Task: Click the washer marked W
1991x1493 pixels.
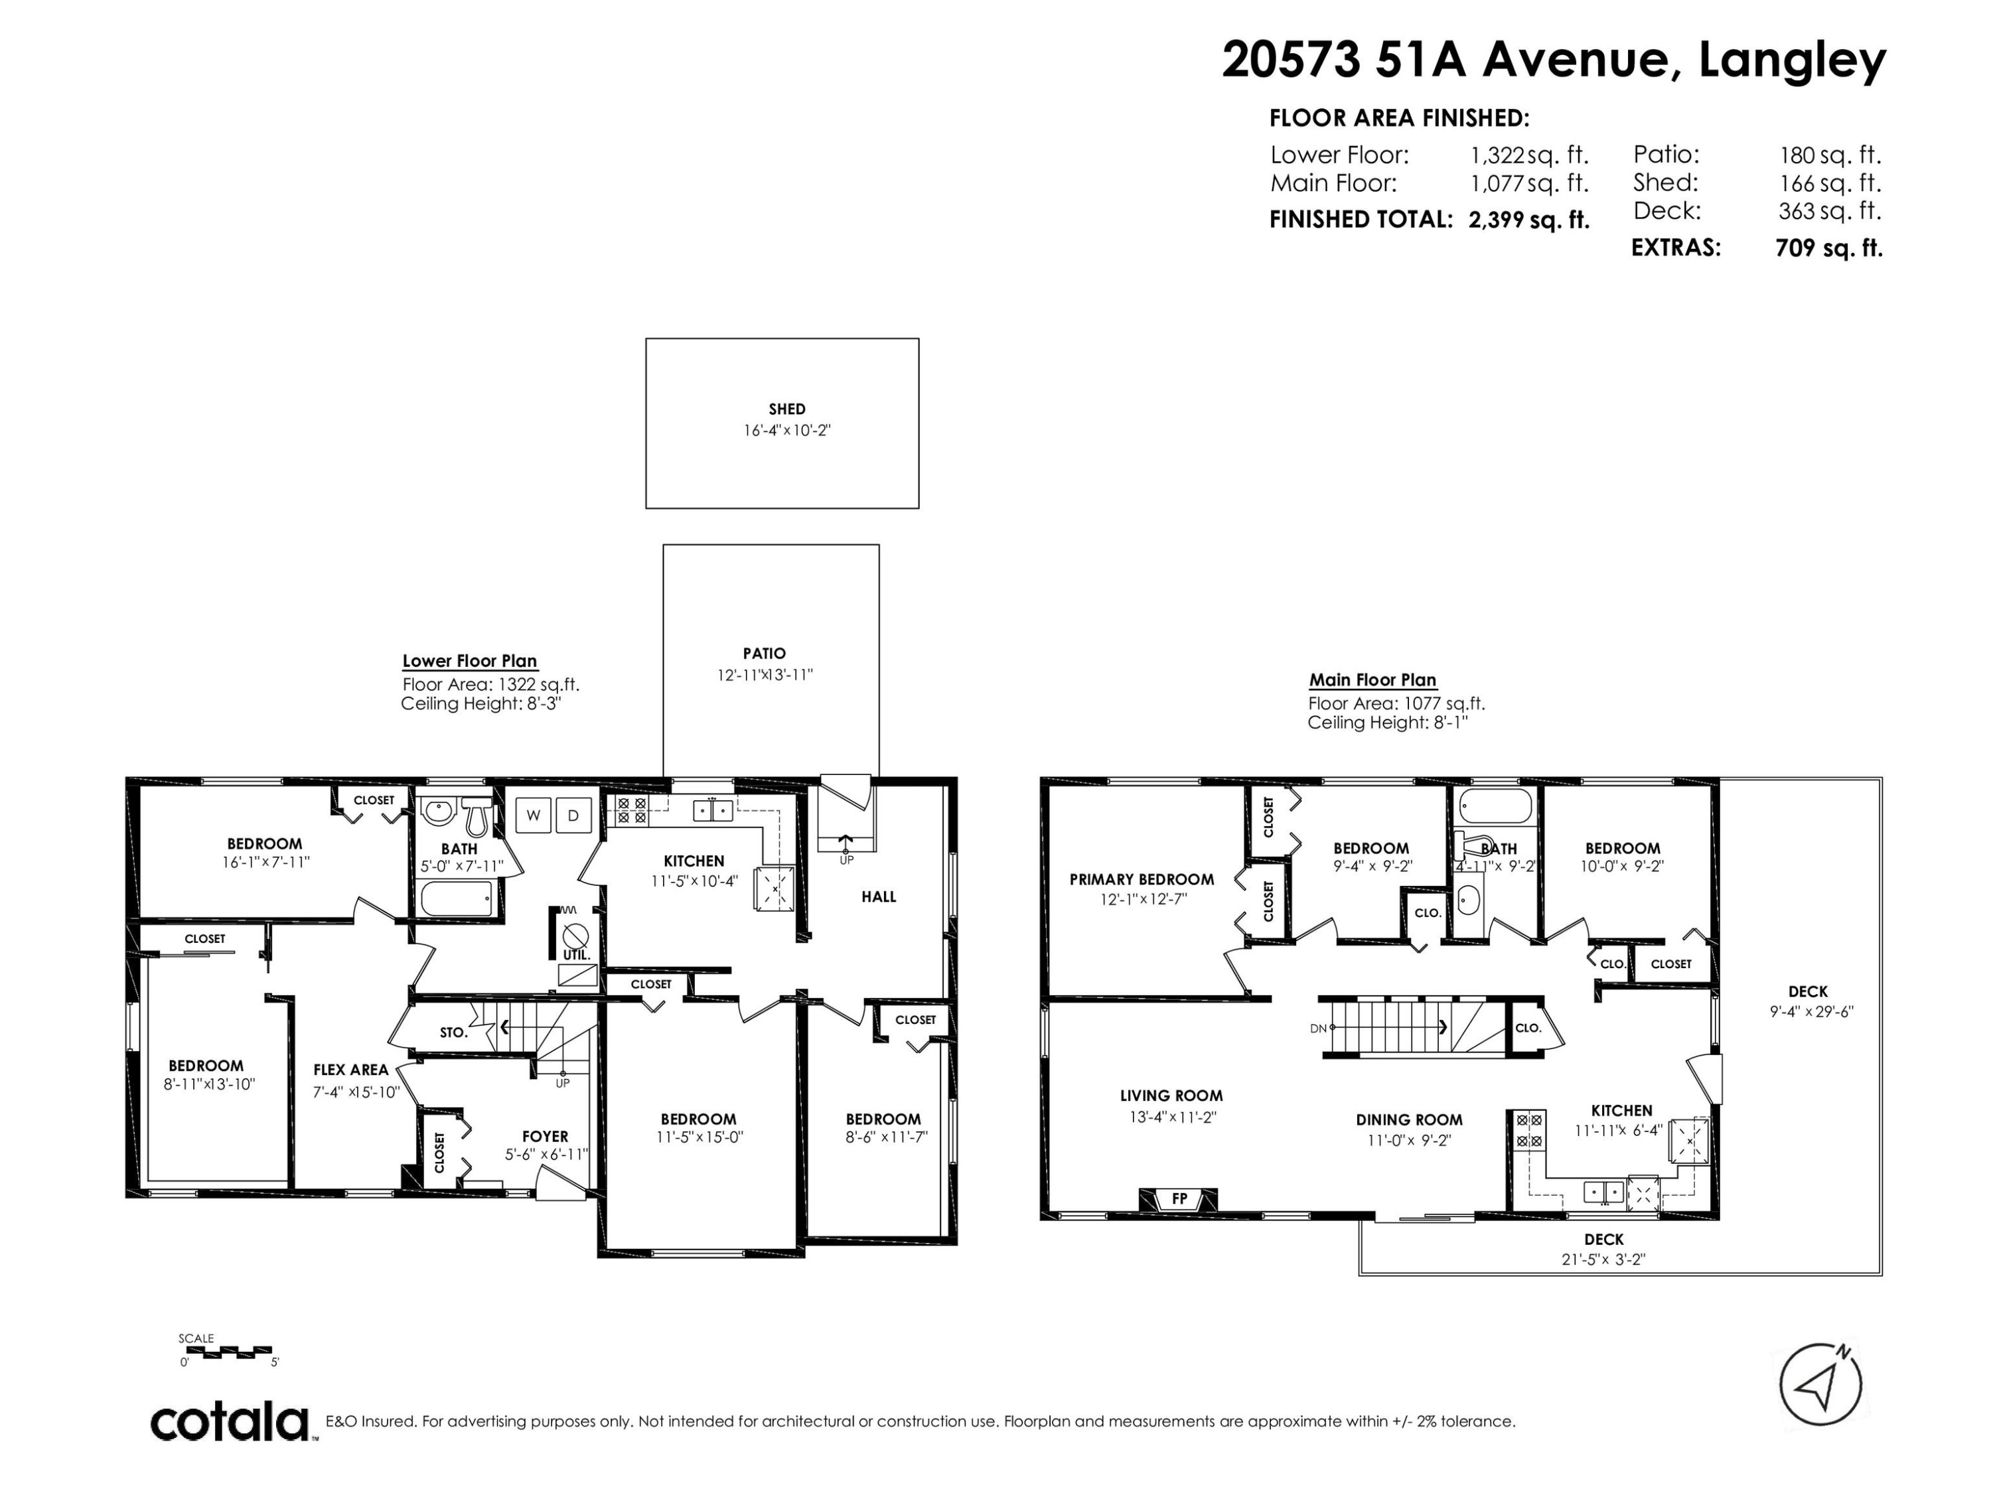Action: (533, 816)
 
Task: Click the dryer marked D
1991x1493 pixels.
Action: (573, 816)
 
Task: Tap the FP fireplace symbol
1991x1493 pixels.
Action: (1179, 1199)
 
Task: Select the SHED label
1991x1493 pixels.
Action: (786, 409)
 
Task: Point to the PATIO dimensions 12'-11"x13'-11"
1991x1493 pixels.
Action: (765, 675)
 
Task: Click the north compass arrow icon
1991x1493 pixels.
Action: (1821, 1385)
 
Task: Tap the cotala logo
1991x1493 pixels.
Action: (230, 1423)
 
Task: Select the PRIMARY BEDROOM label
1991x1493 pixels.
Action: (1142, 879)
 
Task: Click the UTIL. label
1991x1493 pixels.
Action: (576, 954)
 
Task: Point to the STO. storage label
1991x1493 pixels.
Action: (454, 1032)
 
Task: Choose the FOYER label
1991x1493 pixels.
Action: (546, 1137)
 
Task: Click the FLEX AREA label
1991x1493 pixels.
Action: (351, 1070)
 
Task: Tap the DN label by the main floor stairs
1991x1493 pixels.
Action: (1319, 1028)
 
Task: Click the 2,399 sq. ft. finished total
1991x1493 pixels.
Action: (1528, 220)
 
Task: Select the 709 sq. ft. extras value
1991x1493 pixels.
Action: (1829, 248)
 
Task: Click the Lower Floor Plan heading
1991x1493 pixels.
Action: (470, 660)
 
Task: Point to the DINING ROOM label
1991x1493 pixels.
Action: (1410, 1119)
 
